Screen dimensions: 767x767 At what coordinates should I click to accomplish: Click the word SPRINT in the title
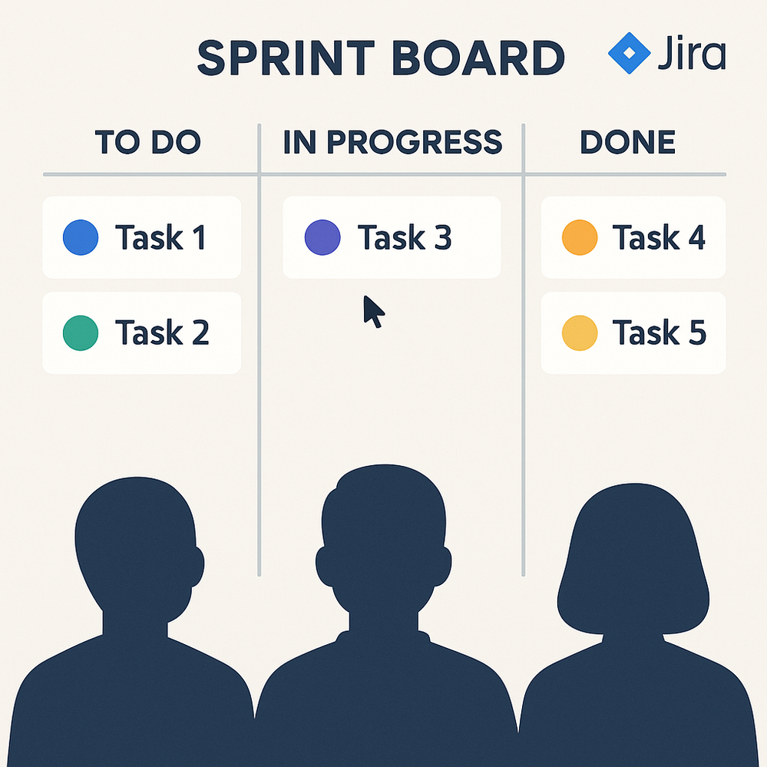(x=286, y=58)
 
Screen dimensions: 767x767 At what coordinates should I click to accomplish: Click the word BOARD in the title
(x=478, y=58)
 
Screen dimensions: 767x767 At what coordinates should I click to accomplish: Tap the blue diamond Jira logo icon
(x=629, y=53)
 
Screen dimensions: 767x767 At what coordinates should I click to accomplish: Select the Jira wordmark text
(x=692, y=52)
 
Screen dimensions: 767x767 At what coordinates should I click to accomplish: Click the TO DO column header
(x=147, y=142)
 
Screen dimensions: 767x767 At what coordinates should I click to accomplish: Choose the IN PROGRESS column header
(x=393, y=142)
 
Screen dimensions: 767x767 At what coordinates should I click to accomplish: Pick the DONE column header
(x=627, y=142)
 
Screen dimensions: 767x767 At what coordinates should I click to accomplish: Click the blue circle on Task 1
(x=81, y=237)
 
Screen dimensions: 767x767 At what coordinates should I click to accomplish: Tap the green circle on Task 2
(x=81, y=333)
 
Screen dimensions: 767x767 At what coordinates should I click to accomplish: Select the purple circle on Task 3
(x=322, y=237)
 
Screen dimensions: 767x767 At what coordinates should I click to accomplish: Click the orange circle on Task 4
(x=580, y=237)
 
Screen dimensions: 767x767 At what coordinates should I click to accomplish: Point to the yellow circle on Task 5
(x=580, y=333)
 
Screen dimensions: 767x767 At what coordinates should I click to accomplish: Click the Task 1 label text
(x=160, y=237)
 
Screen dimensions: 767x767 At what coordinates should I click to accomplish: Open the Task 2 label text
(x=162, y=332)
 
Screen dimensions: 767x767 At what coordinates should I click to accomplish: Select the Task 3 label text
(x=405, y=237)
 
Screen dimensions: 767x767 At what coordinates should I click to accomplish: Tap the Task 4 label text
(x=659, y=237)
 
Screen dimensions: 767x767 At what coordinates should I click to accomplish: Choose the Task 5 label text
(x=660, y=332)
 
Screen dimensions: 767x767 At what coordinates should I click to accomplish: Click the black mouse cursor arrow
(x=372, y=311)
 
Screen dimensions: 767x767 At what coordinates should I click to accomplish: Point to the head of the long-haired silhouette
(x=633, y=557)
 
